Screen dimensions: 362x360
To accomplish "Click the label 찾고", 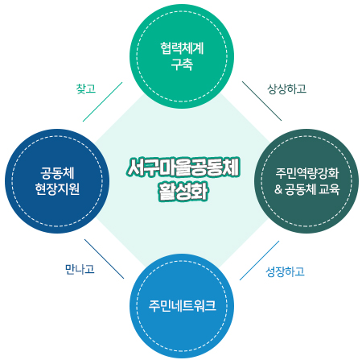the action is (x=86, y=89).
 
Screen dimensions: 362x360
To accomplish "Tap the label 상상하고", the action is (x=286, y=89).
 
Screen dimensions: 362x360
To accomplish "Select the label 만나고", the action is (x=80, y=269).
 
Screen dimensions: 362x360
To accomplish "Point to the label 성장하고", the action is (x=285, y=271).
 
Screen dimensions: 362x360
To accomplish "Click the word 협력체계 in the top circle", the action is (x=182, y=48).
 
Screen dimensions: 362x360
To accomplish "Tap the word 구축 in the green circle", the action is (x=182, y=64).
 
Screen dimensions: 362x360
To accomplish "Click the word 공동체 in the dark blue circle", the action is (x=57, y=173).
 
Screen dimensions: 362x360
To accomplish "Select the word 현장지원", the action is (x=57, y=188).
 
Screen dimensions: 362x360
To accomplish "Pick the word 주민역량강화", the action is (x=307, y=173).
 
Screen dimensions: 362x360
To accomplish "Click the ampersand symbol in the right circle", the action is (x=278, y=189).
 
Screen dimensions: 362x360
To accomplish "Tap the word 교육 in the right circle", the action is (x=329, y=189).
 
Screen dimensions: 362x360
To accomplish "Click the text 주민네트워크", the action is (x=182, y=306).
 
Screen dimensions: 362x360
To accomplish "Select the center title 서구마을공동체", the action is (x=183, y=168).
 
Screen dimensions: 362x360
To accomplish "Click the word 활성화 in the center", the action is (x=183, y=192).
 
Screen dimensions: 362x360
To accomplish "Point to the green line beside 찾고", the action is (x=102, y=101).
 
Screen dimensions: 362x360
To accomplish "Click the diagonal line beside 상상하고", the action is (x=261, y=101).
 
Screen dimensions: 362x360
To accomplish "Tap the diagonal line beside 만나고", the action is (x=105, y=259).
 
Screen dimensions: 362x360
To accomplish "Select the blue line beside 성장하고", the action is (x=259, y=260).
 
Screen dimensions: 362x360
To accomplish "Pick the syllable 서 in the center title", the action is (x=134, y=168).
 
